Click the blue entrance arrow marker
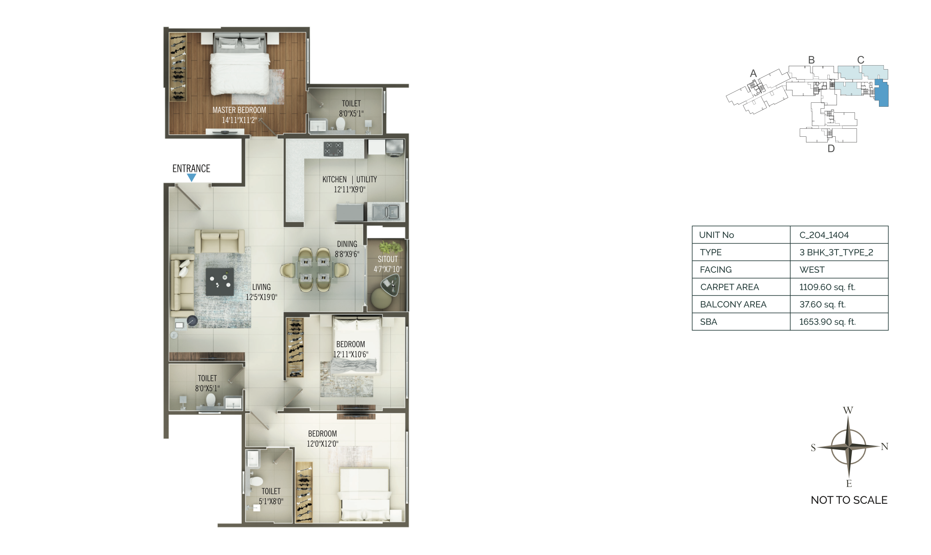192,178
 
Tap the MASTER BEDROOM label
239,110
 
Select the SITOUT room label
388,259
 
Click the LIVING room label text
261,287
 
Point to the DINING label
347,244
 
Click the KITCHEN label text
335,180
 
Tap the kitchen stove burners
333,149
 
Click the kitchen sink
386,212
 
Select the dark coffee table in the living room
220,281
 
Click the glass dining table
315,270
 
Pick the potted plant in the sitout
390,247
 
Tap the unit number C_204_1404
824,235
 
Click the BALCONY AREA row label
733,304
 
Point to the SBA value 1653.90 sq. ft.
827,322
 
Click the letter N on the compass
885,446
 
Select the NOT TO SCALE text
849,500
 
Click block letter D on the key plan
831,149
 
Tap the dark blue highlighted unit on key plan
881,93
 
